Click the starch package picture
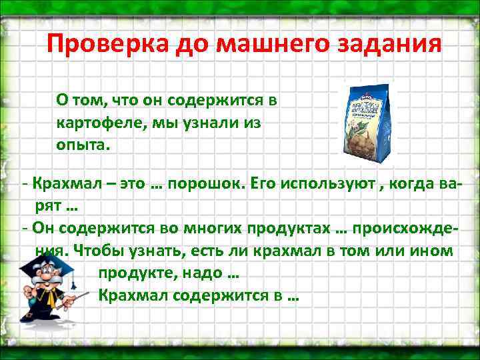pyautogui.click(x=369, y=124)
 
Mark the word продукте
pyautogui.click(x=133, y=273)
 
